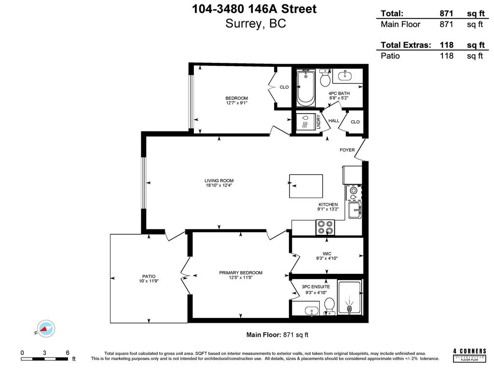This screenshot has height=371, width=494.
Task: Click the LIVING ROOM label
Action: pos(219,181)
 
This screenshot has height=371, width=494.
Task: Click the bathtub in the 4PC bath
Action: pos(305,87)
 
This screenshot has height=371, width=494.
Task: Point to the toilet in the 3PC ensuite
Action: pos(329,305)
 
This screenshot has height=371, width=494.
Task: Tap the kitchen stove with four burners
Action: pos(325,227)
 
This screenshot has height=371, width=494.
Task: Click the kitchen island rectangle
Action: pos(306,186)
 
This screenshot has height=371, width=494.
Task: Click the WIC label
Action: pos(327,253)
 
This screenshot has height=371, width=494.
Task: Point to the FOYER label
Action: pos(347,150)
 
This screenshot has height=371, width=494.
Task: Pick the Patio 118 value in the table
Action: pos(447,56)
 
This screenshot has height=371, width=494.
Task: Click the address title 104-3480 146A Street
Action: pos(255,9)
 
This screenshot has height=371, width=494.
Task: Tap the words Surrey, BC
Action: pos(255,24)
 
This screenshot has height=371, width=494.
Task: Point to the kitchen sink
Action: pos(355,210)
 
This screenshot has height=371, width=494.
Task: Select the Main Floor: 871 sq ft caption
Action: pos(277,334)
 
